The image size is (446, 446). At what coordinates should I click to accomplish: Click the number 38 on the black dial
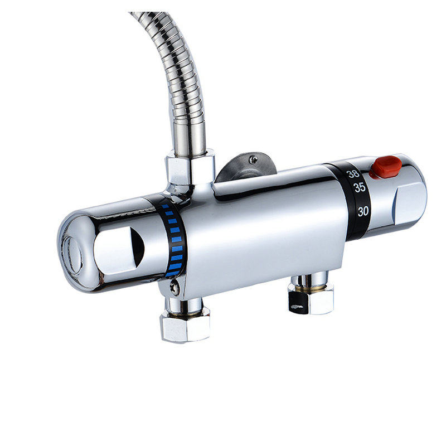coord(352,173)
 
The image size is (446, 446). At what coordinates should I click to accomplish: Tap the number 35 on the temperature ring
coord(360,188)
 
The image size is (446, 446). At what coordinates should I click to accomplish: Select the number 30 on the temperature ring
coord(363,211)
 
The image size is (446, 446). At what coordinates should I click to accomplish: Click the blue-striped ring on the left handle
coord(174,240)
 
